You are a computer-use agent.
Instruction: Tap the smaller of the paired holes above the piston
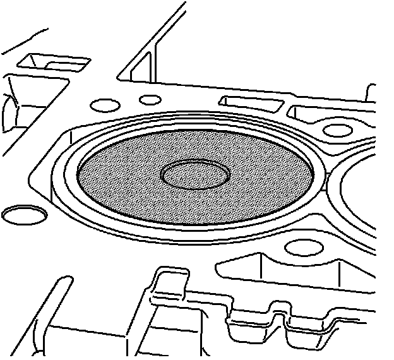tap(151, 99)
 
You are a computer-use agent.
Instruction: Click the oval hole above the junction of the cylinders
tap(338, 130)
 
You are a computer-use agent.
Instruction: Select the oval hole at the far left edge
tap(24, 215)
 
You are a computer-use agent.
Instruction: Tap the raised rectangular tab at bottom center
tap(170, 281)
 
